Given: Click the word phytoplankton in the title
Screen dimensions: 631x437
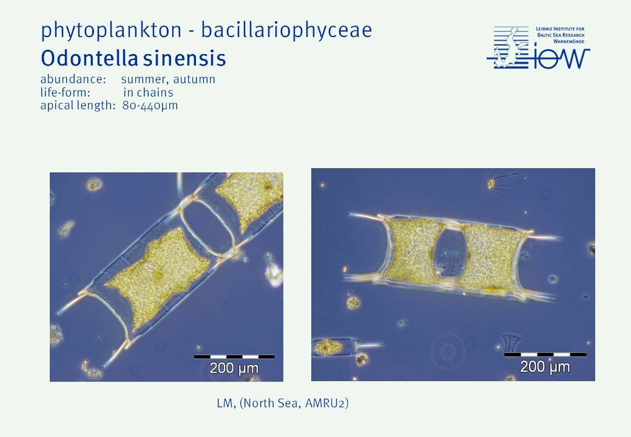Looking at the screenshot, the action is point(112,30).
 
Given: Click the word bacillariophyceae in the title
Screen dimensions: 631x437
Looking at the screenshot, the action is point(286,30).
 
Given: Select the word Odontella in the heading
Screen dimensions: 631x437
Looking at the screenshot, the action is point(90,58).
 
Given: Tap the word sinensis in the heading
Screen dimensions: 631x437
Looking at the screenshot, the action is point(184,59).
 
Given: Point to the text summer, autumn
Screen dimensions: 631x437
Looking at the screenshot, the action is point(168,80).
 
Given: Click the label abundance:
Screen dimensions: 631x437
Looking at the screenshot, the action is point(73,79).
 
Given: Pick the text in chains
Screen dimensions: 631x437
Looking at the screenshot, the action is point(149,92).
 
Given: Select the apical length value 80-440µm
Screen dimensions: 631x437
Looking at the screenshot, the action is point(150,106).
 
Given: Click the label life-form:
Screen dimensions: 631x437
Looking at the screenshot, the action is point(65,92).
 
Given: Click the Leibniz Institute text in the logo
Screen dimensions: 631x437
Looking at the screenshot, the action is point(560,35).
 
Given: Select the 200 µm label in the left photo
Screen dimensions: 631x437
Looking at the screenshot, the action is point(234,368).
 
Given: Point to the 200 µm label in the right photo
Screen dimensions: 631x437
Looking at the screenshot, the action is point(545,367).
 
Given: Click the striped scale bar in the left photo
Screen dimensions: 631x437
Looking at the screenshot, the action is point(234,356).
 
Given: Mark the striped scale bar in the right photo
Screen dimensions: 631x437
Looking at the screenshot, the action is point(545,354).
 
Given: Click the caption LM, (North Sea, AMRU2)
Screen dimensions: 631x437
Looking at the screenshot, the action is point(283,403).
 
